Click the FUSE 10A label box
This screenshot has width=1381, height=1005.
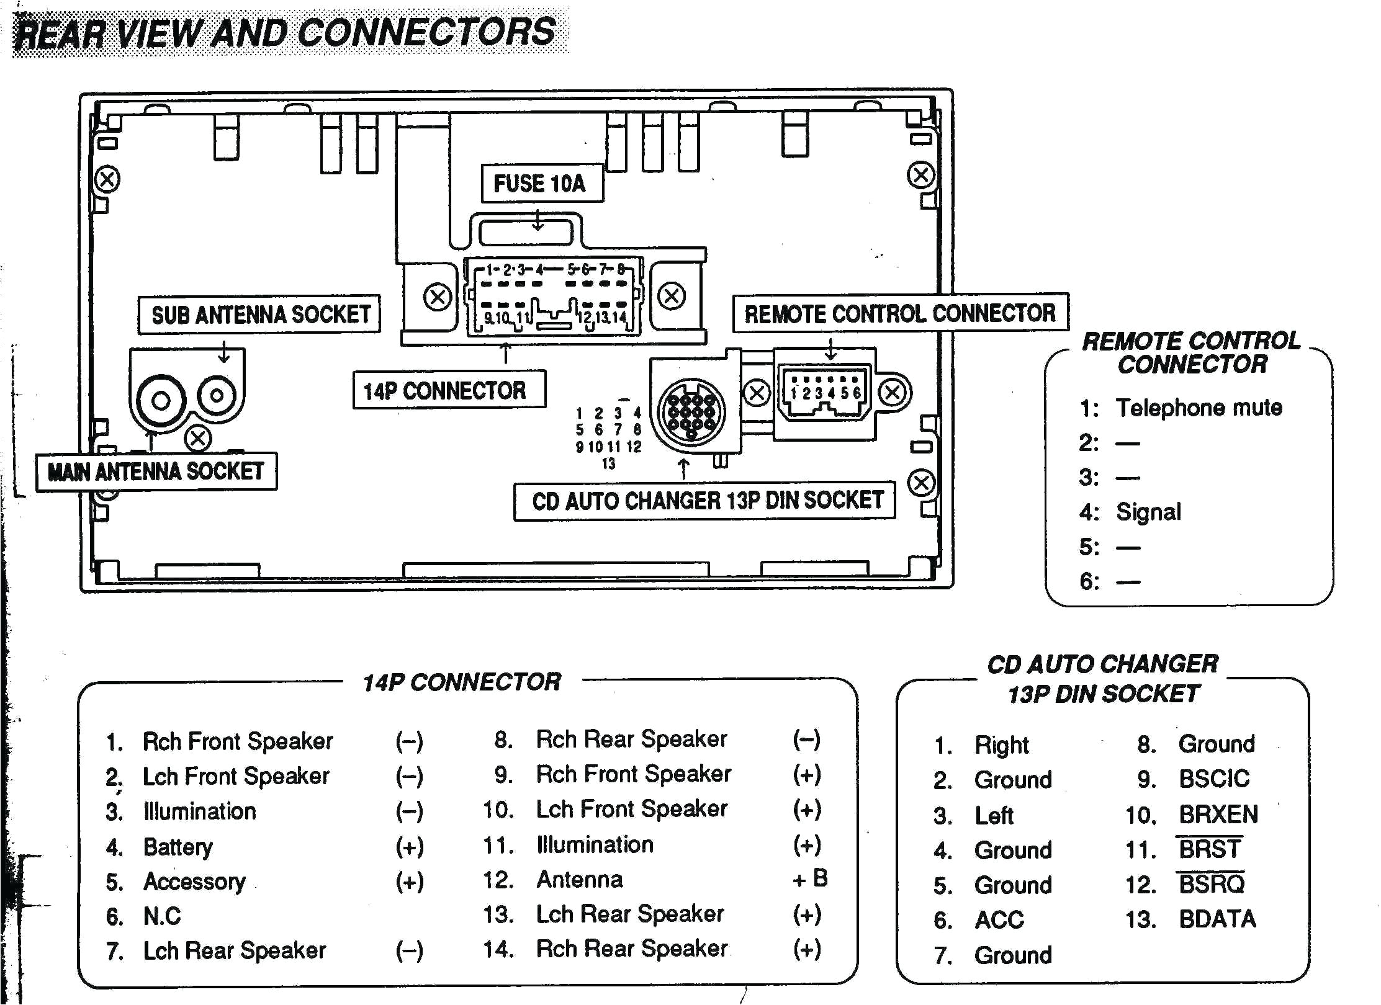541,184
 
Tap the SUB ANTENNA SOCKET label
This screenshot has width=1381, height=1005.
259,315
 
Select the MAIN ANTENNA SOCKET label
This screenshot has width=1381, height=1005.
156,471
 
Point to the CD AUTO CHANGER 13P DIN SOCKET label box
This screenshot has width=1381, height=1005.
704,501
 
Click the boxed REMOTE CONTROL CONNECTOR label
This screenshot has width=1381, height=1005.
900,313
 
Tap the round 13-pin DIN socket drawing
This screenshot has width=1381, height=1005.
691,411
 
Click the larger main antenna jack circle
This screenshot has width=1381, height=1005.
161,400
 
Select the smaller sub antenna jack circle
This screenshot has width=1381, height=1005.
217,395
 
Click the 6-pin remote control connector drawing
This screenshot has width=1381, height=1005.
824,394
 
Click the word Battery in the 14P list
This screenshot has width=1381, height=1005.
178,847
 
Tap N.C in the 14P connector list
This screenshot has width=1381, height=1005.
162,916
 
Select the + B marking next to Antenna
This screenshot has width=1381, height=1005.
810,878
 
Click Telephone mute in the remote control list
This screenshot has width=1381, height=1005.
1199,408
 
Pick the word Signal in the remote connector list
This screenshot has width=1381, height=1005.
1148,512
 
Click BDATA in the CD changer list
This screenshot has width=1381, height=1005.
1217,919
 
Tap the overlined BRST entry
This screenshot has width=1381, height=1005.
1209,849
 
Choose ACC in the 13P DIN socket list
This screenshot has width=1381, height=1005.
999,919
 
